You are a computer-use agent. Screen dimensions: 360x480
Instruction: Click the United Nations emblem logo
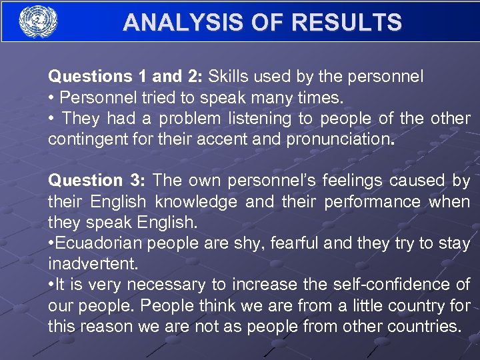[x=39, y=22]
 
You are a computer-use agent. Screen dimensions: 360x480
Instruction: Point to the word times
[x=319, y=97]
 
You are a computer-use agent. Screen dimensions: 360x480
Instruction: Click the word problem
[x=191, y=119]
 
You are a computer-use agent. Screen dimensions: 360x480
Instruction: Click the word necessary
[x=165, y=285]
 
